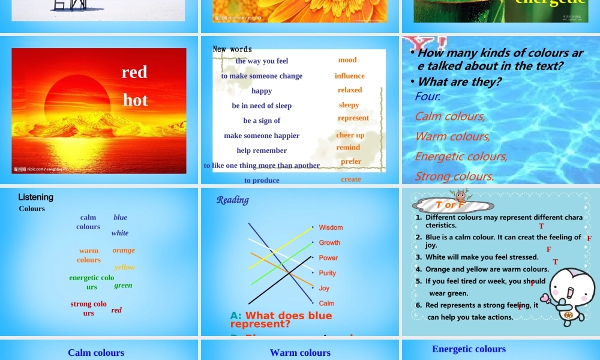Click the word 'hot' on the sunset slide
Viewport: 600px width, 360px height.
coord(135,100)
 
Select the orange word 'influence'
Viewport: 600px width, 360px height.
coord(350,76)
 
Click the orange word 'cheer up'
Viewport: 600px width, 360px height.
coord(350,135)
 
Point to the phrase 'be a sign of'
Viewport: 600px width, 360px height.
coord(262,121)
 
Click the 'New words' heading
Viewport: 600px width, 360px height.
coord(232,49)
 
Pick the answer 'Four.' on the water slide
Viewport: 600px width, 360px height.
coord(428,96)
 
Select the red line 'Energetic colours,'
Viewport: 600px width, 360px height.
coord(461,157)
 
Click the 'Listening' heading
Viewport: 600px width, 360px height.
coord(35,197)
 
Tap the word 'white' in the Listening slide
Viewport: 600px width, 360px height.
coord(120,233)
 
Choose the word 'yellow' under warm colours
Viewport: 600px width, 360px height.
coord(125,267)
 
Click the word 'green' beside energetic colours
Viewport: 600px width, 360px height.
coord(123,285)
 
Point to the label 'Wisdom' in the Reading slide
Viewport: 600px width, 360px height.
coord(331,227)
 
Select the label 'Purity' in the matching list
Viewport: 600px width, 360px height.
coord(328,273)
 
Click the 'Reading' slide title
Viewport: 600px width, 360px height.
coord(233,200)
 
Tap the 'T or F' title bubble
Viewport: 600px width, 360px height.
coord(450,205)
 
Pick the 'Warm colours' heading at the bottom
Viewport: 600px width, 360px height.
coord(300,353)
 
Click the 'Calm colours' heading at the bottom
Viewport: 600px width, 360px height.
coord(96,353)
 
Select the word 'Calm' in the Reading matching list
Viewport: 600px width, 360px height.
coord(327,303)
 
